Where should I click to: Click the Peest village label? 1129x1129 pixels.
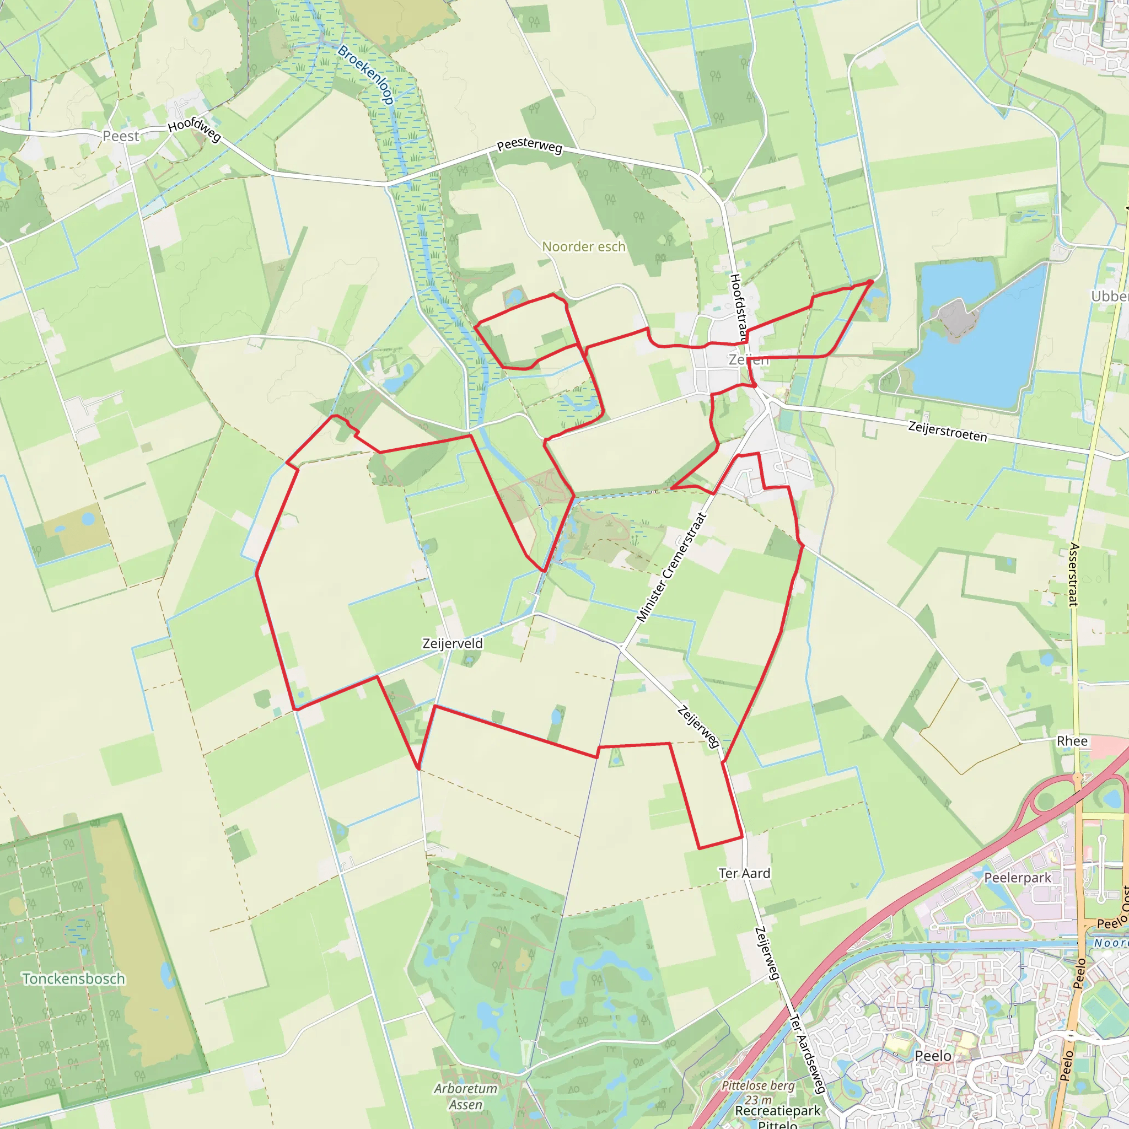pyautogui.click(x=121, y=136)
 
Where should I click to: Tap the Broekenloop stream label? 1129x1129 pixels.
pyautogui.click(x=366, y=74)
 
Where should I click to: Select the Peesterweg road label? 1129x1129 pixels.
pyautogui.click(x=529, y=146)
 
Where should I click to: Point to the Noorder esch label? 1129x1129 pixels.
pyautogui.click(x=584, y=246)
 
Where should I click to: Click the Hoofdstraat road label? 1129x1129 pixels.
pyautogui.click(x=738, y=308)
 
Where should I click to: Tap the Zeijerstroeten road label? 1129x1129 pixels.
pyautogui.click(x=947, y=431)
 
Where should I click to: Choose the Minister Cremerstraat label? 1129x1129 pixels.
pyautogui.click(x=671, y=567)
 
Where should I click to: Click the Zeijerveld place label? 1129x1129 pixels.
pyautogui.click(x=453, y=643)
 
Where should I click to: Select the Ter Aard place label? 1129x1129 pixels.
pyautogui.click(x=744, y=873)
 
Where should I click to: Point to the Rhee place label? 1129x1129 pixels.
pyautogui.click(x=1072, y=741)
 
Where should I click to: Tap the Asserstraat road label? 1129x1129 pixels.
pyautogui.click(x=1073, y=574)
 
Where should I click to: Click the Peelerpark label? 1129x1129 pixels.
pyautogui.click(x=1018, y=878)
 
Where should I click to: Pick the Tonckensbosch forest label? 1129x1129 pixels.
pyautogui.click(x=74, y=979)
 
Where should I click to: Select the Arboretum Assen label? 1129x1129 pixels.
pyautogui.click(x=466, y=1096)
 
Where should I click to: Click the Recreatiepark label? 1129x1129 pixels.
pyautogui.click(x=778, y=1110)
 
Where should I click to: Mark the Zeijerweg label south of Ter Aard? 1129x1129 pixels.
pyautogui.click(x=767, y=953)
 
